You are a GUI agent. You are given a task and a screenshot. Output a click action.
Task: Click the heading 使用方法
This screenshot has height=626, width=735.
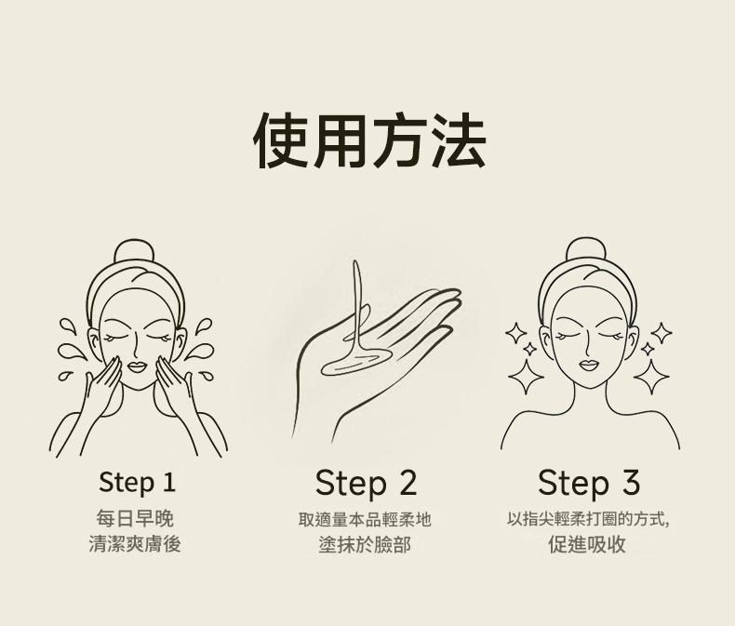pos(369,140)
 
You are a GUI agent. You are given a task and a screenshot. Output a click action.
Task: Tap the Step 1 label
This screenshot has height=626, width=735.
pos(138,483)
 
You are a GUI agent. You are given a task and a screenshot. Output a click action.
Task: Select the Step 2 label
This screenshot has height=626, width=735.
pos(366,484)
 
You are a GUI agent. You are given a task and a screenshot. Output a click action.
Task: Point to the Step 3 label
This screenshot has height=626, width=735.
pos(589,483)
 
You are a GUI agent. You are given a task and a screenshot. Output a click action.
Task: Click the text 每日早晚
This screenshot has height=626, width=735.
pos(135,519)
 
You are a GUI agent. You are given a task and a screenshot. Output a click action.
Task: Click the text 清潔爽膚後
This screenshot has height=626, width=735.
pos(135,544)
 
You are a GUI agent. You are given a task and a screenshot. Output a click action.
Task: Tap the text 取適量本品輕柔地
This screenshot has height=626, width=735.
pos(365,520)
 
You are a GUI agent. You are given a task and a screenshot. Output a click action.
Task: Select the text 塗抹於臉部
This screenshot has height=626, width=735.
pos(365,545)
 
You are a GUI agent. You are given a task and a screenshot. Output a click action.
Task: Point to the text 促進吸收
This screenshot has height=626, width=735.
pos(587,544)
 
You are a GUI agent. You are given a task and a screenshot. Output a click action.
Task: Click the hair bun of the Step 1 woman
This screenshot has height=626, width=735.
pos(134,251)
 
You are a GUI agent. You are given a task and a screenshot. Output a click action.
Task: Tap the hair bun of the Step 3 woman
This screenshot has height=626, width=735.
pos(586,249)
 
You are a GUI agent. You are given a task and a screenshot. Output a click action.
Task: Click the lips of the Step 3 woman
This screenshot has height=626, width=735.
pos(589,365)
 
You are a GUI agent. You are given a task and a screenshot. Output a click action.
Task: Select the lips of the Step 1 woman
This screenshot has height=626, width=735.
pos(137,366)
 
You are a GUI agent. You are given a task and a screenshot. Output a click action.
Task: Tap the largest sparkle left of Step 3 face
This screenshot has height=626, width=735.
pos(526,377)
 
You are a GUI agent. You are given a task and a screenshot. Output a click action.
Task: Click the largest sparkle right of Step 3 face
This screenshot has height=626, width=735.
pos(651,377)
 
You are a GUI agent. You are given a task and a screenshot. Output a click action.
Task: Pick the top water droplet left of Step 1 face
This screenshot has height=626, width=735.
pos(68,326)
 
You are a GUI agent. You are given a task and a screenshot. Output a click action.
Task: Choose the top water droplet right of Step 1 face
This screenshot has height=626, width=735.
pos(204,326)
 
